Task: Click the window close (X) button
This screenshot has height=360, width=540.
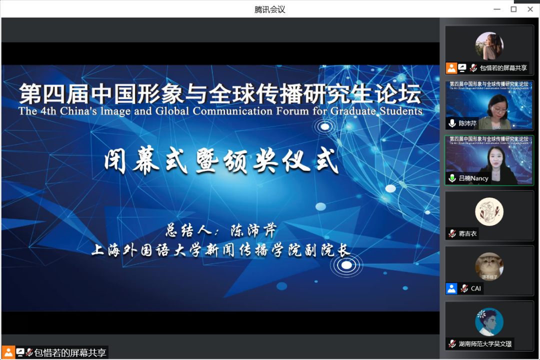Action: pos(530,9)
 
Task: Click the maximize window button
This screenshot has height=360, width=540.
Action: pos(513,9)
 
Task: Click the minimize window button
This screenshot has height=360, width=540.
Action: pos(496,9)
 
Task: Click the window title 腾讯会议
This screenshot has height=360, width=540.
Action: pos(269,9)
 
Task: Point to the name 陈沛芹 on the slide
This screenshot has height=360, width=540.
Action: pos(253,230)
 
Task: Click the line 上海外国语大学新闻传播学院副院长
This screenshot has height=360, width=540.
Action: pos(220,250)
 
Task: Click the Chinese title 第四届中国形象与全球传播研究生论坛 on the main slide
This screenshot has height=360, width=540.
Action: pos(220,93)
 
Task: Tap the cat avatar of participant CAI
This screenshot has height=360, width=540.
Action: pos(489,266)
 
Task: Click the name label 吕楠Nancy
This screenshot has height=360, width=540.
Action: pos(473,178)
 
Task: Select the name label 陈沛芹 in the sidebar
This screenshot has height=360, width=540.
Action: pos(467,123)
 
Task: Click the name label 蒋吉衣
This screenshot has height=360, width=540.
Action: pos(467,233)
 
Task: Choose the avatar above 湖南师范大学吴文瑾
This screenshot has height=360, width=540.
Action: pos(489,322)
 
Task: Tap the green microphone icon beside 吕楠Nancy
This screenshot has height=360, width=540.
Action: pos(452,178)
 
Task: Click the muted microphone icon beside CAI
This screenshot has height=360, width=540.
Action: pos(464,288)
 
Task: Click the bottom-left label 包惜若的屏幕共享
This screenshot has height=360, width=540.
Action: pos(69,352)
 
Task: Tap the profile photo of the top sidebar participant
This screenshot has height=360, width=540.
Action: pos(489,46)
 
